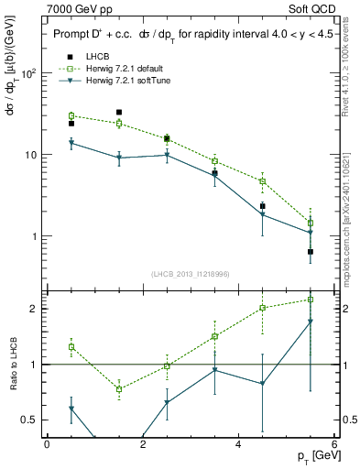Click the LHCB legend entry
click(x=100, y=57)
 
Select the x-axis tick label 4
click(x=238, y=445)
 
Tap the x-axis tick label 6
click(x=334, y=445)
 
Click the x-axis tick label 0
click(x=47, y=445)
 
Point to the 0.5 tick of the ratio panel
click(x=29, y=420)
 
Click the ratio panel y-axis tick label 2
click(x=36, y=309)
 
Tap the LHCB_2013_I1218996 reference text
click(x=190, y=274)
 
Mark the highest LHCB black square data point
click(x=119, y=113)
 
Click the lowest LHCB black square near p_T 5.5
click(x=311, y=251)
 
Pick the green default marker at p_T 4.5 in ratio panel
click(x=263, y=308)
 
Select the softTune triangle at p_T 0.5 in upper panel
click(x=71, y=143)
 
